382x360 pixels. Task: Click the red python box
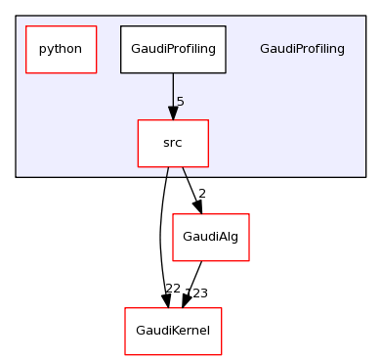point(61,49)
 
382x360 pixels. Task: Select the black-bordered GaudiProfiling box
point(173,49)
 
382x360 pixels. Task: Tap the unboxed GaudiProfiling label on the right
point(302,49)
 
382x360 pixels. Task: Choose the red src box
point(173,143)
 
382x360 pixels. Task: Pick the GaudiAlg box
point(210,237)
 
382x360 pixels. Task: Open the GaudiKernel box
point(173,331)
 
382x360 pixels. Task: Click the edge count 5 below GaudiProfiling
point(181,102)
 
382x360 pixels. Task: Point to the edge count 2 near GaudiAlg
point(201,195)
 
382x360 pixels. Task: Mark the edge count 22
point(172,289)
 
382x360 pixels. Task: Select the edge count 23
point(198,292)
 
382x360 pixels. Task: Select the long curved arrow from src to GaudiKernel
point(160,235)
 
